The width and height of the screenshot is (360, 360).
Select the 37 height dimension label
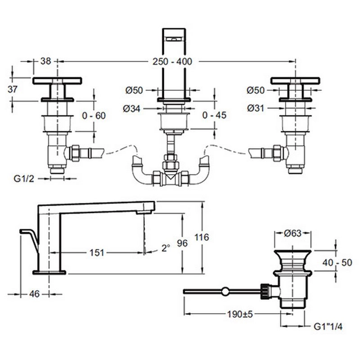[x=13, y=89]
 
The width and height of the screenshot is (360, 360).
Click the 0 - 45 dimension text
[x=214, y=116]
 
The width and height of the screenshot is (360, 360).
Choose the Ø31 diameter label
[x=256, y=108]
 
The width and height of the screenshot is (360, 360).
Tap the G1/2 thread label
[x=22, y=178]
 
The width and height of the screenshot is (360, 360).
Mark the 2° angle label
[x=166, y=247]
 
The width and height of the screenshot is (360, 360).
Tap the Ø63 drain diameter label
[x=293, y=233]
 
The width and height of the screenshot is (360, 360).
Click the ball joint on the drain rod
[x=225, y=292]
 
